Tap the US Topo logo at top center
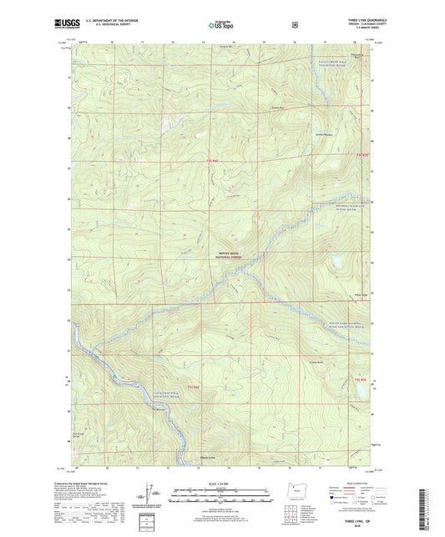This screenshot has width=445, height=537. pos(221,25)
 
